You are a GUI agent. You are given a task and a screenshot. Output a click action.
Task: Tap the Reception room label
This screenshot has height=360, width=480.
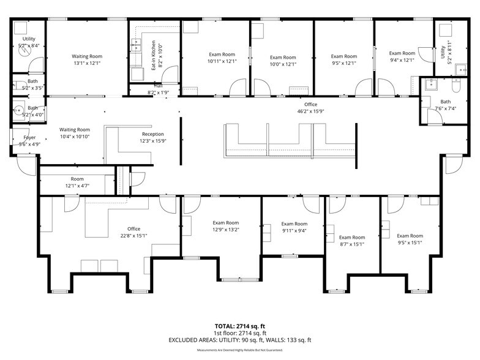(152, 134)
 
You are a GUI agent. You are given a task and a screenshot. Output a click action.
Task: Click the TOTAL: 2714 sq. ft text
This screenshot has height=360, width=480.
(239, 326)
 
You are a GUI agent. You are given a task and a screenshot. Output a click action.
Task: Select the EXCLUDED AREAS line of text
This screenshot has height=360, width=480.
(239, 340)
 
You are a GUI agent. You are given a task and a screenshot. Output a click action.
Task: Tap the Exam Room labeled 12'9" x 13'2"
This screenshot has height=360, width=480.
(225, 223)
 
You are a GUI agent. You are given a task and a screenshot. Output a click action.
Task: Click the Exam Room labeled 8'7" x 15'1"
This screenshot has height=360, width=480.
(351, 238)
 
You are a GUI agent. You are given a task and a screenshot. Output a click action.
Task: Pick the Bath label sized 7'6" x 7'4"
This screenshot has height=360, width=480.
(445, 102)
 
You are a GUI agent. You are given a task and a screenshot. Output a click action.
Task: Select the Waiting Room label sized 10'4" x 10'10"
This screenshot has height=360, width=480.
(75, 130)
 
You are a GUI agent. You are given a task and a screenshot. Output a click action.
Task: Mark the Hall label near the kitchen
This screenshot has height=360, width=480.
(158, 87)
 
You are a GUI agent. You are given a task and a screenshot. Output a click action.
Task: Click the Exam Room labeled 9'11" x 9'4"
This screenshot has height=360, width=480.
(294, 224)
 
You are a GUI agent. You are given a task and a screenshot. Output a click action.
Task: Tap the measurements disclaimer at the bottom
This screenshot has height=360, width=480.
(239, 350)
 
